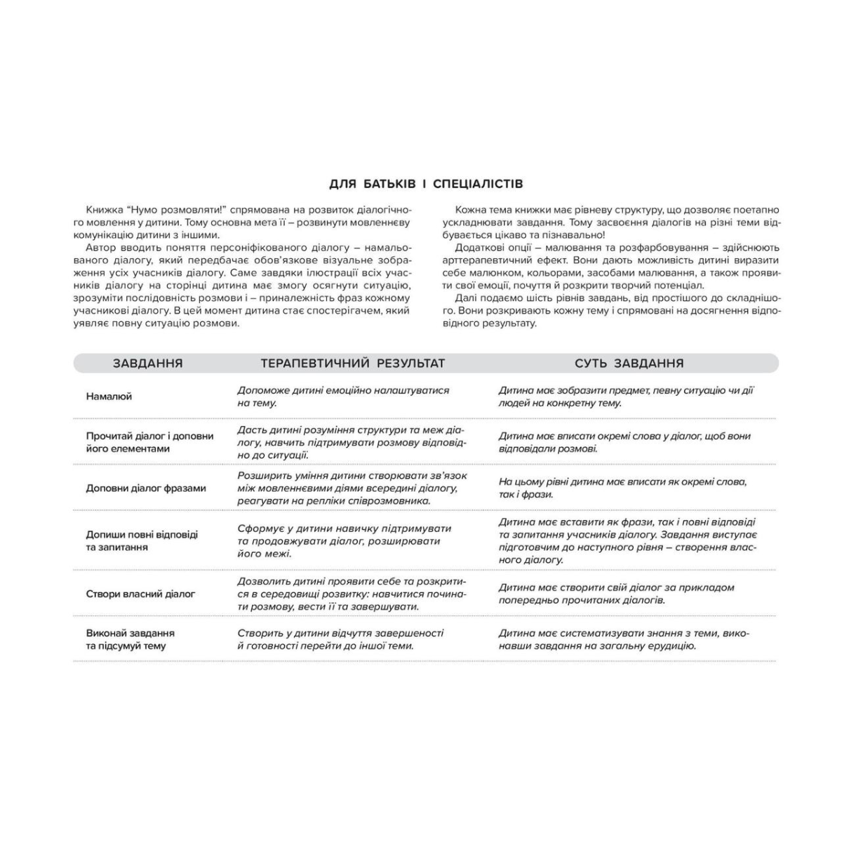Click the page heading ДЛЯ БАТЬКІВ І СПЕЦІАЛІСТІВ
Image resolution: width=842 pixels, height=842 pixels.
click(426, 185)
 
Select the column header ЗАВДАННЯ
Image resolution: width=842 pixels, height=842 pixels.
click(147, 363)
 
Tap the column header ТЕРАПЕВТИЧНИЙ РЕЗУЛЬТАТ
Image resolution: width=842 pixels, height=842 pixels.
click(352, 363)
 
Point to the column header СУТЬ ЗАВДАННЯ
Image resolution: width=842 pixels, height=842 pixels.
click(629, 363)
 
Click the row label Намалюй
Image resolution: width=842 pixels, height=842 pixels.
click(109, 396)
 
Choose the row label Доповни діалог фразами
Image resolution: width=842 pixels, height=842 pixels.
click(146, 488)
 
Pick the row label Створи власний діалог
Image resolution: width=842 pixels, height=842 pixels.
click(140, 594)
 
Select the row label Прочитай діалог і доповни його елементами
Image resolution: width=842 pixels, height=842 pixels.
click(149, 442)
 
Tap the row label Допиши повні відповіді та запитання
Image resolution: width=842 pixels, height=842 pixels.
click(142, 540)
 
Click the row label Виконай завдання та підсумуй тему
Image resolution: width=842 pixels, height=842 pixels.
click(130, 639)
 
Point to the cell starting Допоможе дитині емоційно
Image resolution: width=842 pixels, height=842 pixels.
click(342, 396)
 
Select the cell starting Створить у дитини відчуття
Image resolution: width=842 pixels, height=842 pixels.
click(340, 639)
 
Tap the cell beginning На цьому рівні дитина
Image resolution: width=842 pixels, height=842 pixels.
click(622, 488)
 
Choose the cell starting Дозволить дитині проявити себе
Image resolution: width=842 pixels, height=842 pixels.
click(351, 594)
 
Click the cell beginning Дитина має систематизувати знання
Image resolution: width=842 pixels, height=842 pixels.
click(624, 639)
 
